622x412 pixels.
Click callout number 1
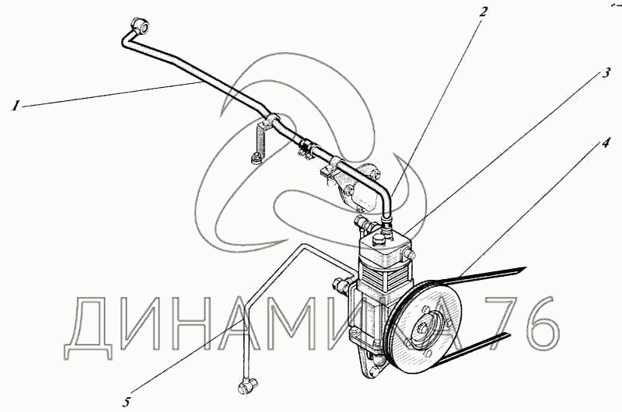tap(15, 106)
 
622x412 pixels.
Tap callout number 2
tap(483, 12)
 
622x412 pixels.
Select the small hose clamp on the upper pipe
tap(306, 146)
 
